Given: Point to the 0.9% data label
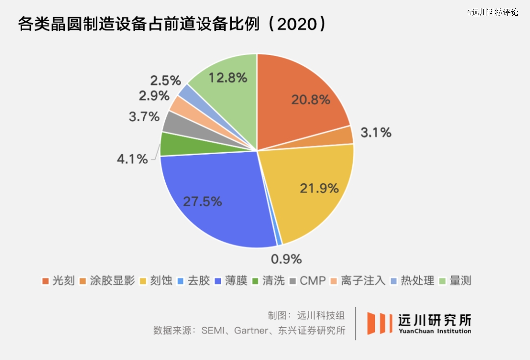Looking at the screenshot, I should [x=286, y=258].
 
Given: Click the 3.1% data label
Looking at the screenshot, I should [x=376, y=132].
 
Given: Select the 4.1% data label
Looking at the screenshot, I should [x=132, y=159].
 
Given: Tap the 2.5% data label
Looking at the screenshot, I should [x=165, y=80].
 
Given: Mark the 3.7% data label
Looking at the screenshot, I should [x=144, y=117].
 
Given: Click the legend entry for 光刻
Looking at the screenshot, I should [x=58, y=281].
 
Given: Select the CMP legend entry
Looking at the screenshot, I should [x=308, y=281].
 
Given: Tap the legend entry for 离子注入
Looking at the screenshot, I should [x=359, y=281].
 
